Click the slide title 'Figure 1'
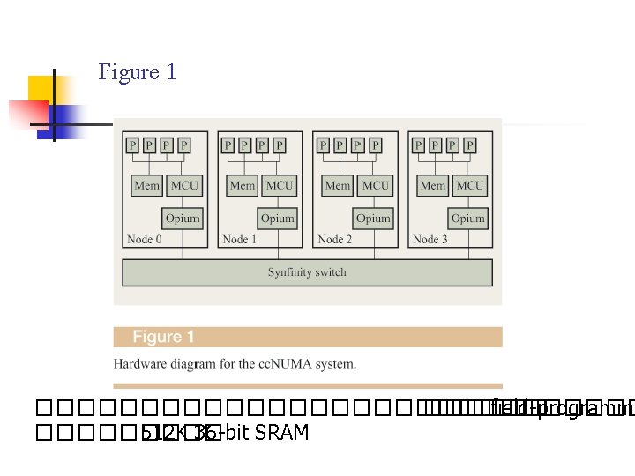point(138,71)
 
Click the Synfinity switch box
point(307,272)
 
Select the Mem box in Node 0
point(146,185)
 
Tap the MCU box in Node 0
point(184,185)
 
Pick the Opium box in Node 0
point(183,218)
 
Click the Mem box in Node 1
point(242,185)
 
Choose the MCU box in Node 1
point(280,185)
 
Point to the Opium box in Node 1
point(278,218)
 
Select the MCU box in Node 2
point(375,185)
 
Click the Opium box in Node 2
point(373,218)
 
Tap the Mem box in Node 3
point(432,185)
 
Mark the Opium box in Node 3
point(468,218)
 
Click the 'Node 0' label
point(145,239)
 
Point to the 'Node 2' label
point(335,239)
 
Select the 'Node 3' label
point(430,239)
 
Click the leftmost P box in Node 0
point(132,145)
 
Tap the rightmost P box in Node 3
point(470,145)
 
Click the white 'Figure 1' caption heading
point(163,337)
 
